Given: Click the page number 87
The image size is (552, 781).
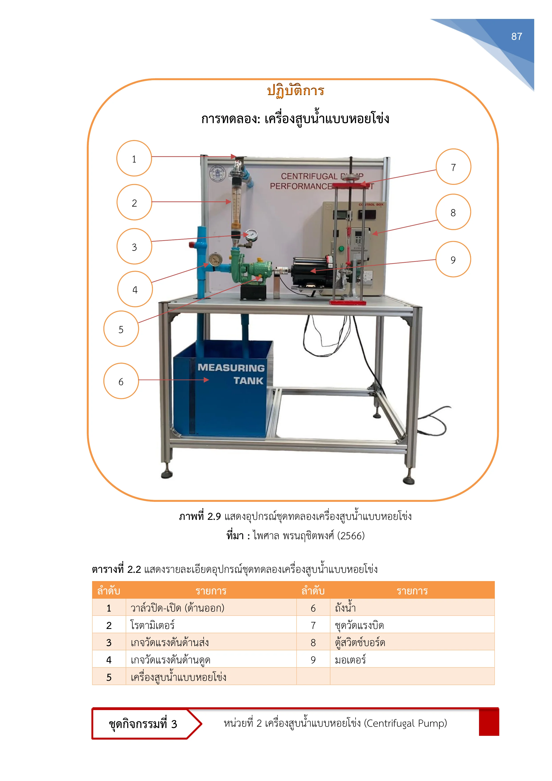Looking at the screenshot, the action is [516, 36].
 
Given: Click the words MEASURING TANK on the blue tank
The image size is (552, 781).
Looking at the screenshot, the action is [231, 374].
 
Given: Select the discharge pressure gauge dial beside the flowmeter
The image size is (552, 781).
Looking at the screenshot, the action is [251, 235].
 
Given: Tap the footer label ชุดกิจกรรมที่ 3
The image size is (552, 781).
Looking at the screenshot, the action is [143, 724].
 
